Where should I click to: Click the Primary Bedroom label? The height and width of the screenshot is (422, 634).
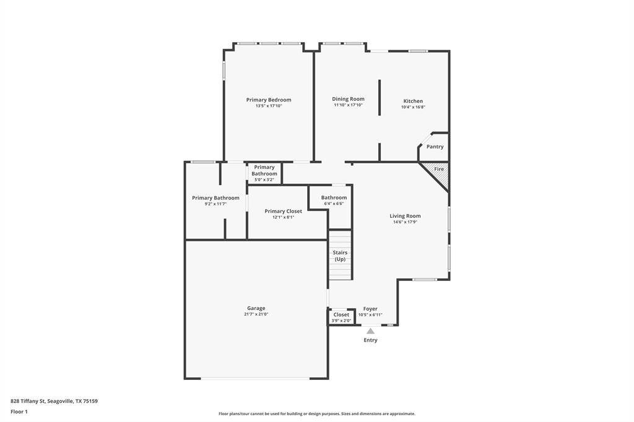(268, 100)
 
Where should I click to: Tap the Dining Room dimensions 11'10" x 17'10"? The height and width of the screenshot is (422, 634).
(348, 105)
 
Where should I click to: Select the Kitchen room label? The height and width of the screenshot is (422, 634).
(413, 101)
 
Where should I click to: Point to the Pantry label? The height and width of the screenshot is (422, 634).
(435, 147)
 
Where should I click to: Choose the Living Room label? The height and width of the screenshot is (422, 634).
(405, 216)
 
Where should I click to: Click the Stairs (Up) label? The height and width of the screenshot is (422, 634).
(340, 256)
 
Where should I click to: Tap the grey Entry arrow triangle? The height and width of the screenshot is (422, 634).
(370, 331)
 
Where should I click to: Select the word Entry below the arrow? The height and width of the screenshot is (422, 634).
(370, 340)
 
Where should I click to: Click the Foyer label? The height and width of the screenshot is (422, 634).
(370, 309)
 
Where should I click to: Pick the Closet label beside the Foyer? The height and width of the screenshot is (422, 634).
(341, 314)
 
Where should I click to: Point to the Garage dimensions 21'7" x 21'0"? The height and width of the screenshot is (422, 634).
(256, 314)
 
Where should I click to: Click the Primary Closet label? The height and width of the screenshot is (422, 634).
(283, 211)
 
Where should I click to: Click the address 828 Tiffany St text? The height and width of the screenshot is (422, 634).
(54, 401)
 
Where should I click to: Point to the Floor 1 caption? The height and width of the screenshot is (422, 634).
(19, 411)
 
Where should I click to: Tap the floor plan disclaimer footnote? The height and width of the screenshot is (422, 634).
(316, 414)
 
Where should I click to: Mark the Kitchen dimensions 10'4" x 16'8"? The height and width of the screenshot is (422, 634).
(413, 107)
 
